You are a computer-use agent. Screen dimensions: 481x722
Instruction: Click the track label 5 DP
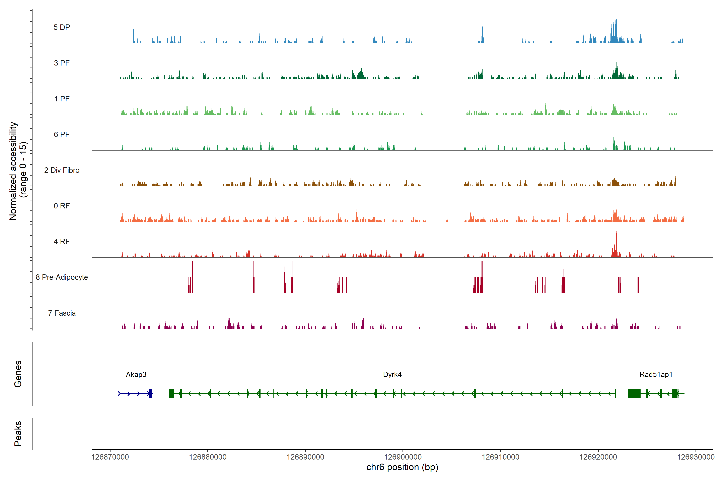62,27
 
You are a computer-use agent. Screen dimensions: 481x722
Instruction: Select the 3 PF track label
62,63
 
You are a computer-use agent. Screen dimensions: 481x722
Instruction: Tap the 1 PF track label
62,99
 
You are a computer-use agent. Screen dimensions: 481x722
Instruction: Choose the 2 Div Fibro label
62,170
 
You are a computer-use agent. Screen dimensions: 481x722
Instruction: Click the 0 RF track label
62,206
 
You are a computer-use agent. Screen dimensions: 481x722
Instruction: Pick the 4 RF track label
62,242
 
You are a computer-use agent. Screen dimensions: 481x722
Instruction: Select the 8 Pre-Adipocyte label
62,277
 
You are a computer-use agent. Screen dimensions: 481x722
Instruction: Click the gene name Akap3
136,375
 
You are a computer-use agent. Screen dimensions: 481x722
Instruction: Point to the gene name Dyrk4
392,375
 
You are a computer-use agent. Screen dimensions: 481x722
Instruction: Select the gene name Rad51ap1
656,375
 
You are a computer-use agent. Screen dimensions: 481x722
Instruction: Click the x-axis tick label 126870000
110,457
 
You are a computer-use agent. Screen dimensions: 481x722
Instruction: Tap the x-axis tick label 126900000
403,457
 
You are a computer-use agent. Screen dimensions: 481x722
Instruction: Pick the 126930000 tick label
696,457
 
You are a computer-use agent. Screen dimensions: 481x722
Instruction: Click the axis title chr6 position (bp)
402,467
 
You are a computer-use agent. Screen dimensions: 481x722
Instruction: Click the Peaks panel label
18,434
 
